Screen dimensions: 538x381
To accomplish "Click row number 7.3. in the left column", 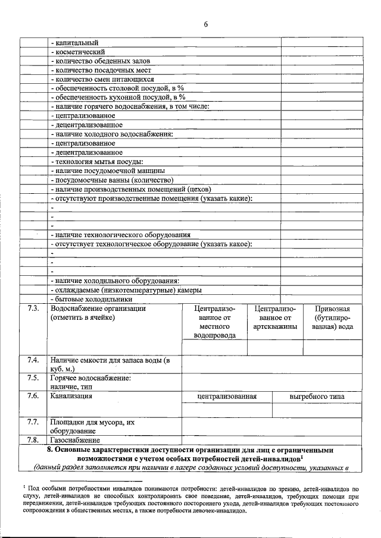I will [33, 309].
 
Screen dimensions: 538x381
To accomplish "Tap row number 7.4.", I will [33, 360].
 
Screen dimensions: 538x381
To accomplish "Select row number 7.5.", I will [33, 377].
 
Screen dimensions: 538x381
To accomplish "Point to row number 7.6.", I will [33, 395].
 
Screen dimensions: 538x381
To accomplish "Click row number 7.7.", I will [33, 422].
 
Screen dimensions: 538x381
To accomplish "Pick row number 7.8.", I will [33, 440].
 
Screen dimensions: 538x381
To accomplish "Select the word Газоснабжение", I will [75, 440].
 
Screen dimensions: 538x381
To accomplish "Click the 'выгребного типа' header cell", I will [316, 397].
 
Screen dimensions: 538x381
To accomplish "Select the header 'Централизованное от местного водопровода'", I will [215, 322].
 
